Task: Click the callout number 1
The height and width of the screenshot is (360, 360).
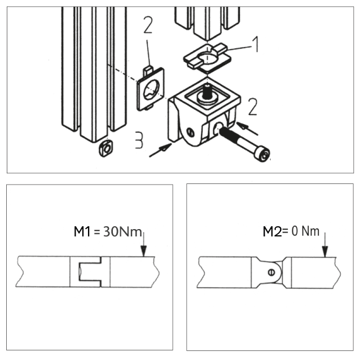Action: point(255,44)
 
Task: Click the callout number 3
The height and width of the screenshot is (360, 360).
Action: point(139,140)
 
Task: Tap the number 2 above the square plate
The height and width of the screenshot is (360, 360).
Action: point(148,25)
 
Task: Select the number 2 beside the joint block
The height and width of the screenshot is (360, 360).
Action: point(253,107)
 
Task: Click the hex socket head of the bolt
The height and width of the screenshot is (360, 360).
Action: point(264,156)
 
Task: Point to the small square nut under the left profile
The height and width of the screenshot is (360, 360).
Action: point(106,148)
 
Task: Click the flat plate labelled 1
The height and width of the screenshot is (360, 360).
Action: point(207,58)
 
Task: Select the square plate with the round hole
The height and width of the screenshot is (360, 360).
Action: point(151,89)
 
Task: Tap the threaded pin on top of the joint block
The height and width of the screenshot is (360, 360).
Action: point(208,91)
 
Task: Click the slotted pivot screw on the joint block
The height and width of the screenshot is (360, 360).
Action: point(190,133)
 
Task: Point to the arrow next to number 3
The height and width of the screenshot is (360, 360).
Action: point(160,150)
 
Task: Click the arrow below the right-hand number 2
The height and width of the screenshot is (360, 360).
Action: point(247,128)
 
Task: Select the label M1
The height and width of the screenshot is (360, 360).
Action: point(82,231)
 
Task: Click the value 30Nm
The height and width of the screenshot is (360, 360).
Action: point(122,231)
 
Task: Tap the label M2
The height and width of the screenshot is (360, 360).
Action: point(272,231)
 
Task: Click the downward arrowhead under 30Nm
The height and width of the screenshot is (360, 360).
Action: point(144,251)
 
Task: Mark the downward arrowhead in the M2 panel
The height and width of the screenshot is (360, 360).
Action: point(325,251)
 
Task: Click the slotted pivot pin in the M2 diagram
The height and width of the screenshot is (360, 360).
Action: point(271,273)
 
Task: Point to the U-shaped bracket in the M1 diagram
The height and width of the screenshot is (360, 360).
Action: point(90,271)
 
